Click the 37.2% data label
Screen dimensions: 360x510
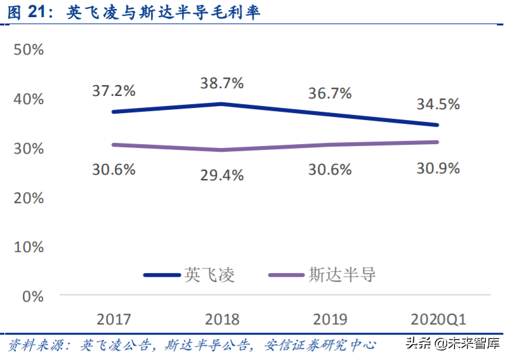tap(114, 90)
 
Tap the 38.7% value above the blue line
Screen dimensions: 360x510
tap(222, 83)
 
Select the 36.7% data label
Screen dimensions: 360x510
tap(330, 93)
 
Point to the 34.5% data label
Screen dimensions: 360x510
tap(438, 104)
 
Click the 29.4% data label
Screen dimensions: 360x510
tap(222, 175)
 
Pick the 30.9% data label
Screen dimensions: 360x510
tap(438, 168)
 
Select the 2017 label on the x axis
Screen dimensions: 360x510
tap(114, 318)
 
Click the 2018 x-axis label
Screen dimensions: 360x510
tap(222, 318)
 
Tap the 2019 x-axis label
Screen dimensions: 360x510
tap(330, 318)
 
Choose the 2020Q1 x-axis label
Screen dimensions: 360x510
tap(438, 318)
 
